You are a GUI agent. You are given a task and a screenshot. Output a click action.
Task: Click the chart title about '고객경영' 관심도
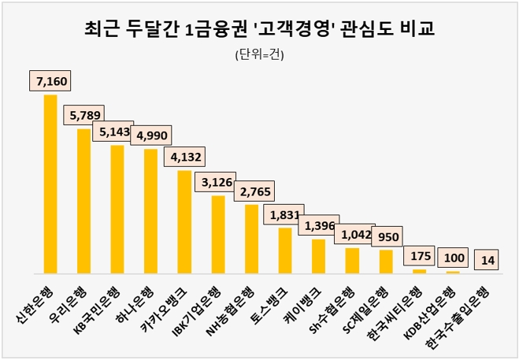(x=259, y=30)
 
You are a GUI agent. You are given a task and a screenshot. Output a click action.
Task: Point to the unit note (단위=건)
(x=259, y=55)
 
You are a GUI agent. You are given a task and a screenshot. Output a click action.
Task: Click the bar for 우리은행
(x=83, y=201)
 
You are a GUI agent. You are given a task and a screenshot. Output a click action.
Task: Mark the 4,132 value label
(x=187, y=157)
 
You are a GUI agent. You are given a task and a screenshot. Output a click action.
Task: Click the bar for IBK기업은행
(x=218, y=234)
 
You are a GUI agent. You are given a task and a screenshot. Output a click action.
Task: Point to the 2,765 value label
(x=254, y=191)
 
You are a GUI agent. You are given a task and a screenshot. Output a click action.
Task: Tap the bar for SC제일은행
(x=386, y=261)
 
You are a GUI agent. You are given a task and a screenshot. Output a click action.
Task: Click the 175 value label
(x=420, y=257)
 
